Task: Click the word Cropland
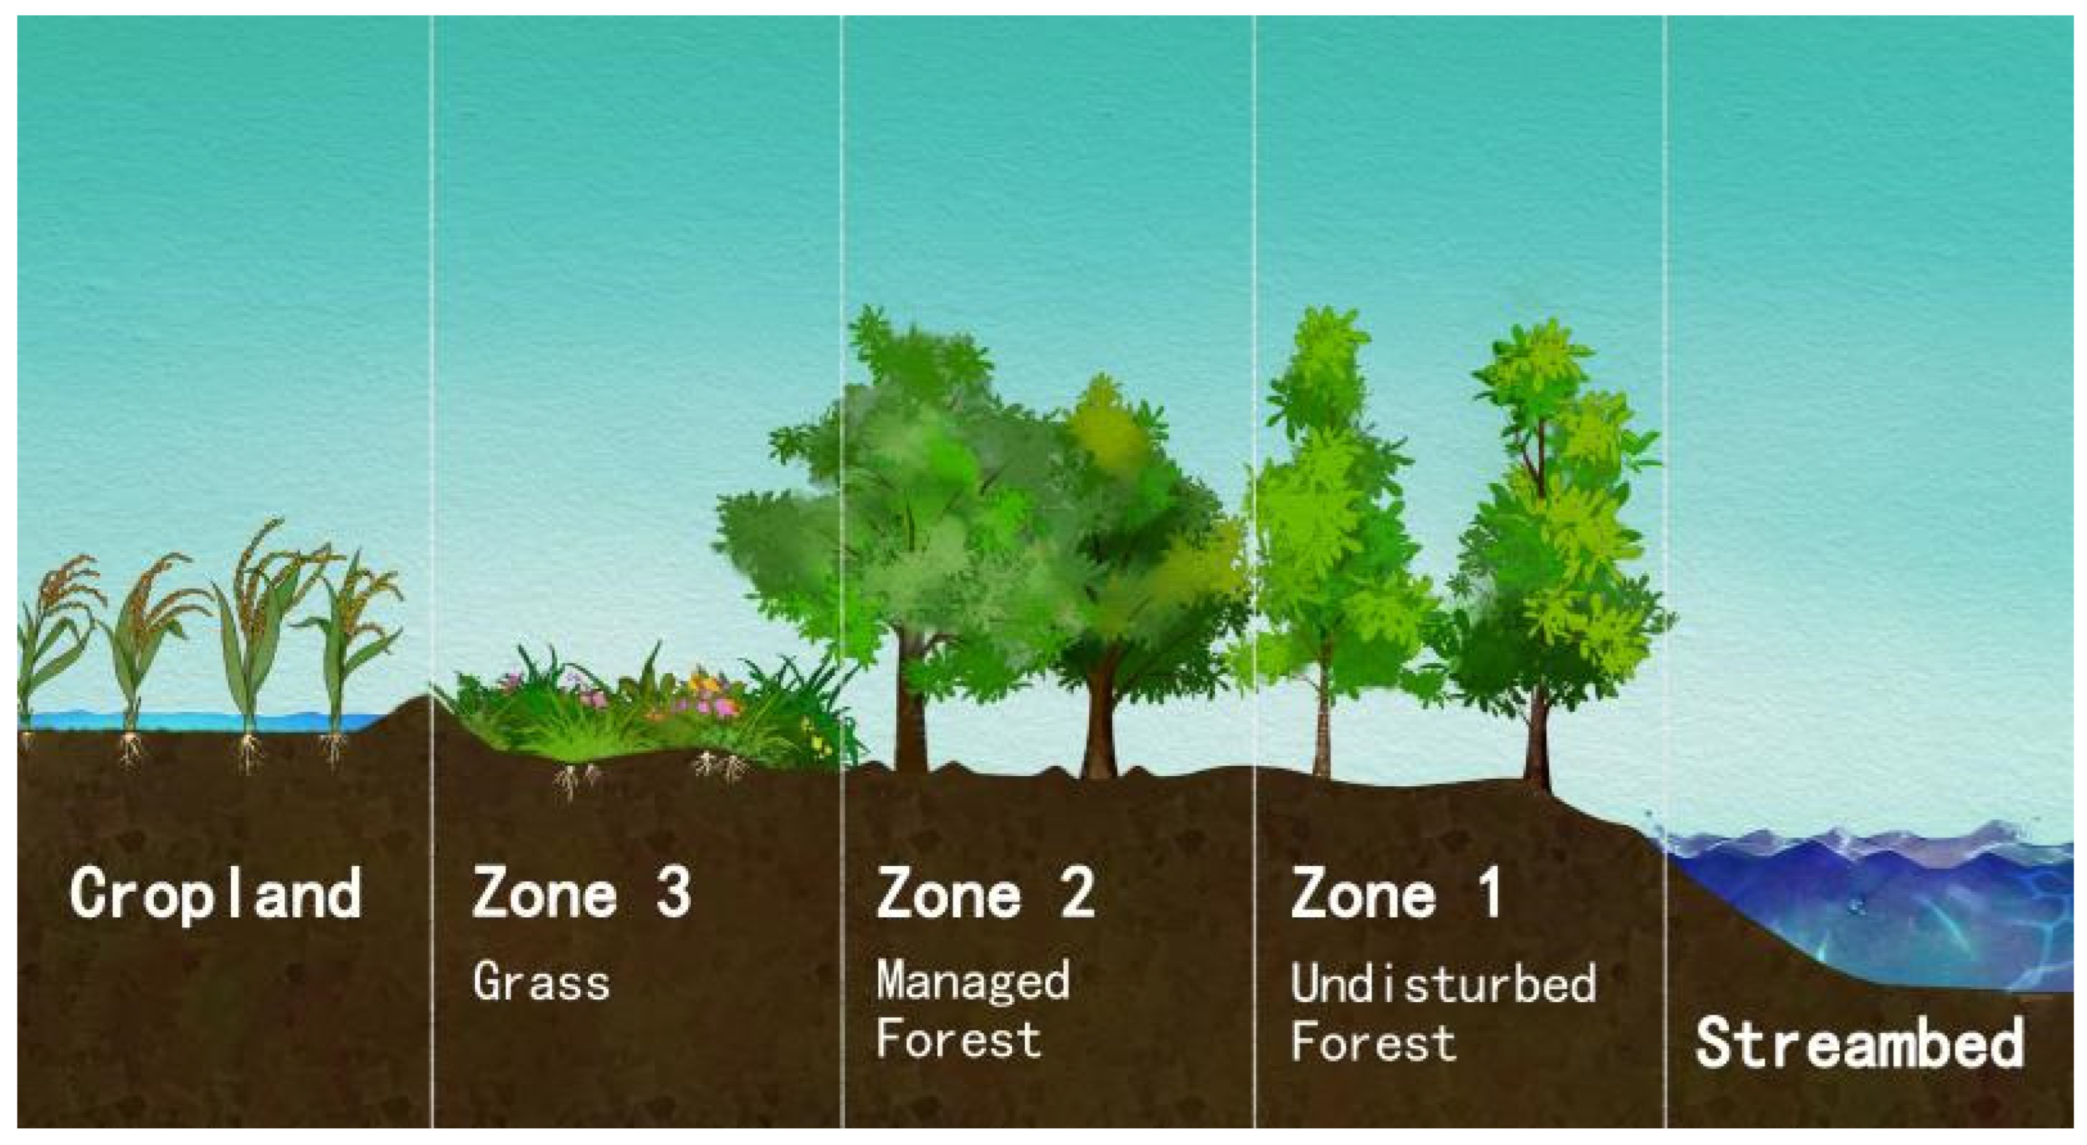(216, 893)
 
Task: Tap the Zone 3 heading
(581, 893)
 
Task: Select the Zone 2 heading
(985, 893)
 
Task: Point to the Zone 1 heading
(1395, 893)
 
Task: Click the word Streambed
(1859, 1043)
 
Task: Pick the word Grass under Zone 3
(540, 983)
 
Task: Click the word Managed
(972, 980)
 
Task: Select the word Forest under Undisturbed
(1373, 1042)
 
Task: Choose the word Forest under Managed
(958, 1040)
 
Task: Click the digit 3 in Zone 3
(674, 893)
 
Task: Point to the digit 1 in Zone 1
(1489, 893)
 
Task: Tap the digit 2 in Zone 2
(1078, 893)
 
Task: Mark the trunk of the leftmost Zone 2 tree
(911, 721)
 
